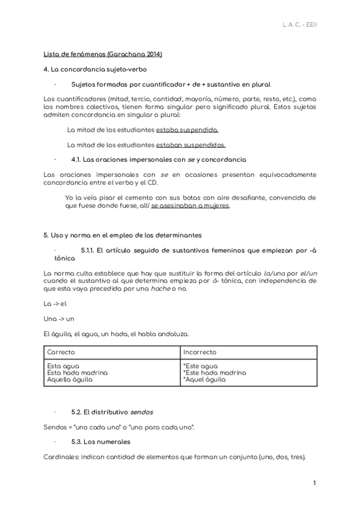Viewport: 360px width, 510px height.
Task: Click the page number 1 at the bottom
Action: coord(314,484)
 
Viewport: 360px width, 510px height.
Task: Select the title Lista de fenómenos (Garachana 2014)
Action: coord(103,54)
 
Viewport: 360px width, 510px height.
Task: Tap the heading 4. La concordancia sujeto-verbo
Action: coord(91,70)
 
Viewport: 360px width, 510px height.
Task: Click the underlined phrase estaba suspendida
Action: coord(187,129)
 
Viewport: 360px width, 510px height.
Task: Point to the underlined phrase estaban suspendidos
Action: coord(191,144)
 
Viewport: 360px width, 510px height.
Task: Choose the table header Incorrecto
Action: coord(200,352)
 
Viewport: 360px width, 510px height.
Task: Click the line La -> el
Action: coord(55,304)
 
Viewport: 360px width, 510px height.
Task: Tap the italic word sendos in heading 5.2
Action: coord(142,412)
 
